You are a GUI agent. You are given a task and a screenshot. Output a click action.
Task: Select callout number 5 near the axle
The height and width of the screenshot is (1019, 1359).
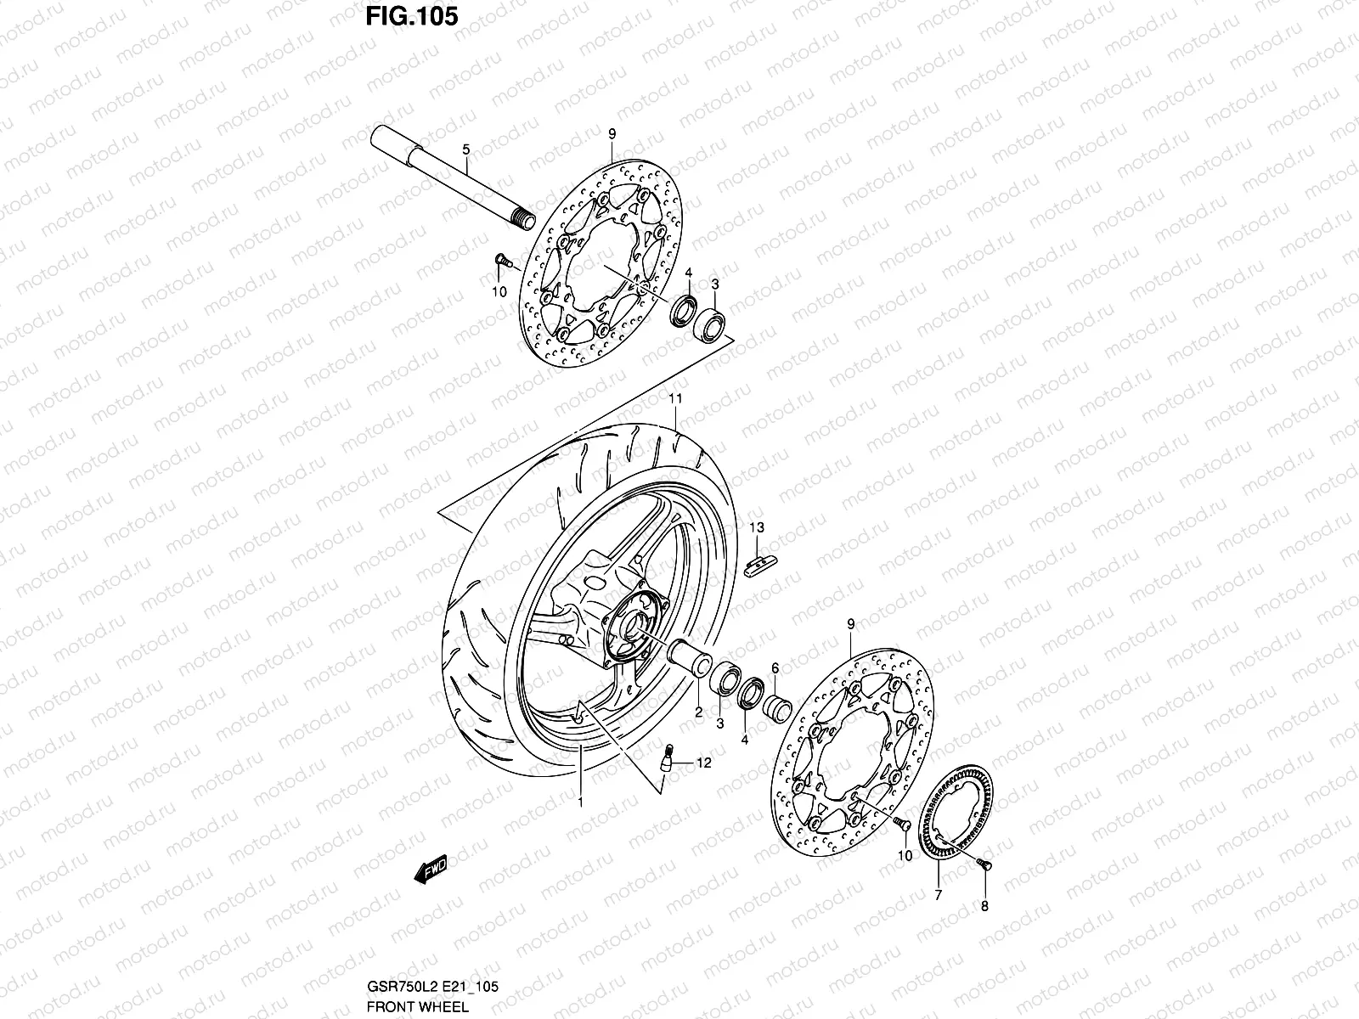coord(489,150)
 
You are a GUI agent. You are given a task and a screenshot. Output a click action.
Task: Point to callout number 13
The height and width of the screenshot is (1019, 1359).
coord(757,528)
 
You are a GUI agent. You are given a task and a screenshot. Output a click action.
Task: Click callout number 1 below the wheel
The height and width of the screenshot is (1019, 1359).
coord(580,801)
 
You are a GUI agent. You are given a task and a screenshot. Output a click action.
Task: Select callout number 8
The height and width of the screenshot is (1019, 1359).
coord(984,906)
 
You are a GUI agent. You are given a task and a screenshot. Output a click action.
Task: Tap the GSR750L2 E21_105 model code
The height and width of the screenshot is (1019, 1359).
coord(432,988)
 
